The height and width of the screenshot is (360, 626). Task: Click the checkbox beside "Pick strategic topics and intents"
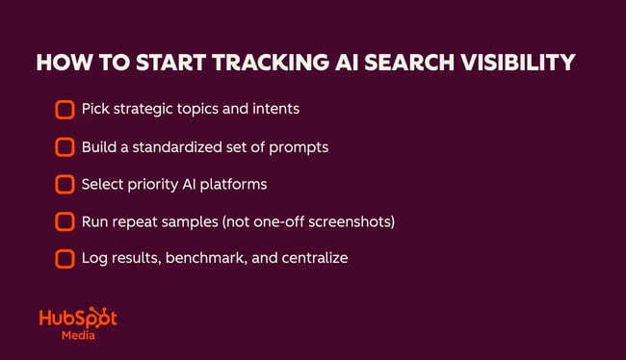pyautogui.click(x=65, y=109)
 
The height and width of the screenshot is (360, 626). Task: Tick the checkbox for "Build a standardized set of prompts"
pyautogui.click(x=65, y=146)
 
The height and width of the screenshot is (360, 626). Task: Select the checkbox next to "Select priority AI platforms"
pyautogui.click(x=65, y=184)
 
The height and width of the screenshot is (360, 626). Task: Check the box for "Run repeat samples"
pyautogui.click(x=65, y=221)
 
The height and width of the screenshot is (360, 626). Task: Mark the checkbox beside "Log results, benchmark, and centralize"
pyautogui.click(x=65, y=259)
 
